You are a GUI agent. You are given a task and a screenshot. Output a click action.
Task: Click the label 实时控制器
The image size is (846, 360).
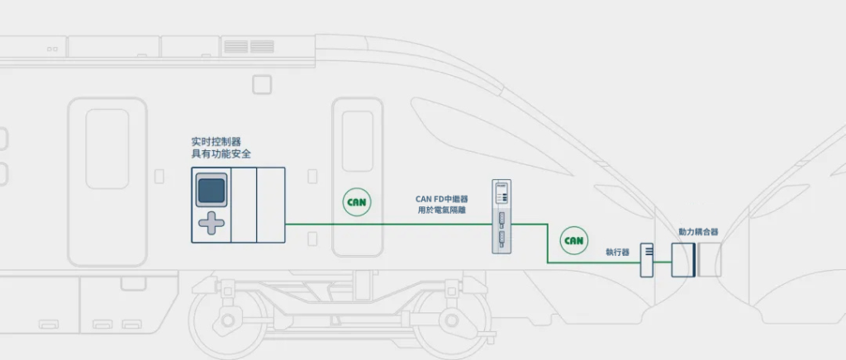[x=216, y=142]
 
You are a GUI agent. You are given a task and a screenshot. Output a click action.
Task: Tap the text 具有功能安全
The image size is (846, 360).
[x=221, y=154]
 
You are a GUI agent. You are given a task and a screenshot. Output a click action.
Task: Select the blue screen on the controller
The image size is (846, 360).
[x=211, y=190]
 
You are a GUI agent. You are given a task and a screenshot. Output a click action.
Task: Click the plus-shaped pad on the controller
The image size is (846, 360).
[x=211, y=223]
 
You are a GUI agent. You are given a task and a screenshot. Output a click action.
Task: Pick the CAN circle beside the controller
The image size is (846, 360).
[x=357, y=202]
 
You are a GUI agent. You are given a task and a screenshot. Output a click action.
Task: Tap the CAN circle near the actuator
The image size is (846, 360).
[x=573, y=240]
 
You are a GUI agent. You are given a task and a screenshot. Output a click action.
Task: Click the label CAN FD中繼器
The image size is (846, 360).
[x=441, y=199]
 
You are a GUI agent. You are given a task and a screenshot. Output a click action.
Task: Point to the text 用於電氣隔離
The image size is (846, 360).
[x=441, y=211]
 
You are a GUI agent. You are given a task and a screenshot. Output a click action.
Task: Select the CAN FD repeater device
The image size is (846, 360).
[x=501, y=216]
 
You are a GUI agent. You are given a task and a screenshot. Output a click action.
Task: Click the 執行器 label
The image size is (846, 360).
[x=617, y=252]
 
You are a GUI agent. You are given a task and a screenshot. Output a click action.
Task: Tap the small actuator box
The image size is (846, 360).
[x=647, y=260]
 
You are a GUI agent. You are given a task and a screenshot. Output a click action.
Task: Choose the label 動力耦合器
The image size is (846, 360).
[x=698, y=232]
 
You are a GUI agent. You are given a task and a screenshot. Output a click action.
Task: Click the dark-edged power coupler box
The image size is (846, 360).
[x=683, y=260]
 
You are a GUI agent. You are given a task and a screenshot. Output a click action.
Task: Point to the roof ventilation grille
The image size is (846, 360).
[x=249, y=46]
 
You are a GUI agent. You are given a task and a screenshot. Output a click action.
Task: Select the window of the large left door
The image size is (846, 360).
[x=107, y=149]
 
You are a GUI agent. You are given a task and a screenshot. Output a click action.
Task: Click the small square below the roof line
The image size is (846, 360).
[x=262, y=84]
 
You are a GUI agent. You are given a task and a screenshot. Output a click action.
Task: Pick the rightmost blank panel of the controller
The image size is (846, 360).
[x=271, y=205]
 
